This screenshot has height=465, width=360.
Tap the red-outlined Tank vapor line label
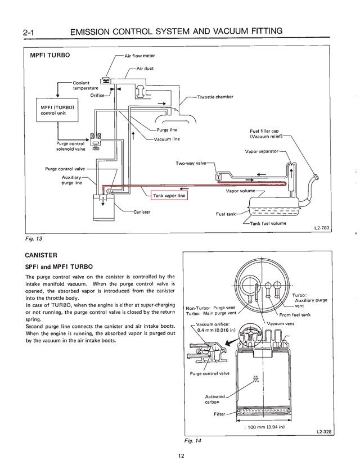pyautogui.click(x=170, y=196)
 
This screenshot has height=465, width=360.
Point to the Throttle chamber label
pyautogui.click(x=215, y=97)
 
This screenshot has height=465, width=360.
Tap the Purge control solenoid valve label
pyautogui.click(x=70, y=146)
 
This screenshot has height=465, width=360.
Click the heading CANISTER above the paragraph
pyautogui.click(x=42, y=255)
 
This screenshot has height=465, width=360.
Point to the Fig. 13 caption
pyautogui.click(x=35, y=238)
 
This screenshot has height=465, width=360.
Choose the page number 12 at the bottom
pyautogui.click(x=180, y=455)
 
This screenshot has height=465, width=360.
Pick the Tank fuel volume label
pyautogui.click(x=268, y=223)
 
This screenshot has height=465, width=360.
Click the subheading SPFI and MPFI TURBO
pyautogui.click(x=60, y=267)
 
